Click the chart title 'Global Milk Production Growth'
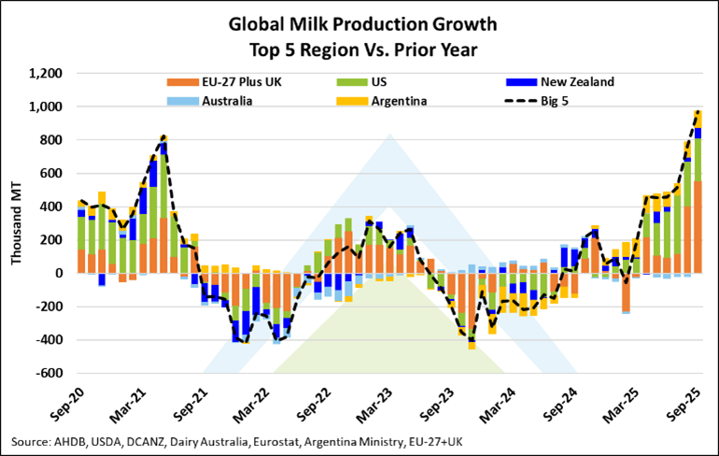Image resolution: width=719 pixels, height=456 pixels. [x=359, y=23]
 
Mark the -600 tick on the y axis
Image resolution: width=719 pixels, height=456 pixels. [x=48, y=374]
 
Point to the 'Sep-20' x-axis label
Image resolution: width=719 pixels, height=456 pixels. [x=73, y=401]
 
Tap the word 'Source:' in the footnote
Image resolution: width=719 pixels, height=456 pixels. [x=32, y=440]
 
